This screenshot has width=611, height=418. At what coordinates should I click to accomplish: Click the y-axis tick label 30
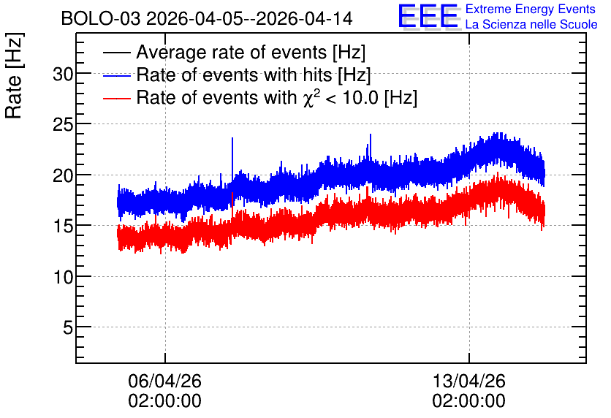click(x=63, y=74)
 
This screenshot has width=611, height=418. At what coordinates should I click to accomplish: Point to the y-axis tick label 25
click(x=63, y=124)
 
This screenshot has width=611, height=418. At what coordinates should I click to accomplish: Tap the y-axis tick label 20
click(x=63, y=175)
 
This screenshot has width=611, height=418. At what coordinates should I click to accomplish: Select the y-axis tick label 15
click(x=63, y=226)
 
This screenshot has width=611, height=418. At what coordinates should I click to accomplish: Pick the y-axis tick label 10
click(x=63, y=277)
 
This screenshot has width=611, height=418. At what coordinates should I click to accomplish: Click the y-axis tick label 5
click(x=68, y=327)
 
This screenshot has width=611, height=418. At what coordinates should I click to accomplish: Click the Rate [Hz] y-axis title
click(x=14, y=75)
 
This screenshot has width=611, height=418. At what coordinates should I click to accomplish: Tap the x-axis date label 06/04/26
click(x=164, y=381)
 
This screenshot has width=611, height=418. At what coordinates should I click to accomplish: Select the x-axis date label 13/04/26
click(x=468, y=381)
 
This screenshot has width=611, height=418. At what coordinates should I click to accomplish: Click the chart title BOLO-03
click(x=101, y=18)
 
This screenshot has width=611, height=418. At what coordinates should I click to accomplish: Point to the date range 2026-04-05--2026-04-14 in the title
click(x=249, y=18)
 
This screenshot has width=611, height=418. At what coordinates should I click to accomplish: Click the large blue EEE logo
click(x=428, y=16)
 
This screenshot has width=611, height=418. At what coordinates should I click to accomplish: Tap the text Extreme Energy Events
click(x=531, y=9)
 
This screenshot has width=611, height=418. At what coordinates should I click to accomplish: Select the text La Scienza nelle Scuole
click(x=531, y=24)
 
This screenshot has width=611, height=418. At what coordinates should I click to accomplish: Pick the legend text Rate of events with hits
click(x=254, y=75)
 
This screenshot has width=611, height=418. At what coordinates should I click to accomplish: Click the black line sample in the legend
click(x=116, y=53)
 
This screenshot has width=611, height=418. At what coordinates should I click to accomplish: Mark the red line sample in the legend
click(x=116, y=98)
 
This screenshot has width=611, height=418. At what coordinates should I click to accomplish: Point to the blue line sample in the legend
click(x=116, y=75)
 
